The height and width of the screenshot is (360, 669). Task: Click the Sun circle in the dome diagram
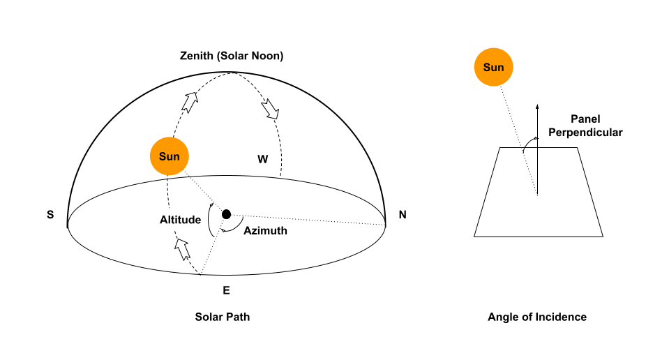(x=170, y=156)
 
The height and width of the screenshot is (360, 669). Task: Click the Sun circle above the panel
(x=494, y=68)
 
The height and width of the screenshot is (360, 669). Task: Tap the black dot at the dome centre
(x=226, y=214)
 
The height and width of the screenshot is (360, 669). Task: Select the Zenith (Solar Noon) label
(x=232, y=56)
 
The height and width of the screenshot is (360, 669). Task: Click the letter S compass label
(x=50, y=215)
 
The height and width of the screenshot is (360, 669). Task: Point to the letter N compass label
(x=403, y=215)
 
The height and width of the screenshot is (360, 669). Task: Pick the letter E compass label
(x=226, y=290)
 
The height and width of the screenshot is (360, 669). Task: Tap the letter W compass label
(x=262, y=159)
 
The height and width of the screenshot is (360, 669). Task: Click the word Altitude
(x=180, y=220)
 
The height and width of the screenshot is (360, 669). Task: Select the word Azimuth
(x=265, y=231)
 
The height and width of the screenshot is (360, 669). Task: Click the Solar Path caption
(x=223, y=317)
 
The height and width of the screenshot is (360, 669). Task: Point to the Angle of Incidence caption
(x=537, y=317)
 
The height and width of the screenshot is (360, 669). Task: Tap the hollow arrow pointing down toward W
(x=269, y=108)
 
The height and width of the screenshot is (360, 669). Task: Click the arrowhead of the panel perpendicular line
(x=537, y=107)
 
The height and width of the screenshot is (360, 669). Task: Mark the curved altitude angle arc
(x=211, y=220)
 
